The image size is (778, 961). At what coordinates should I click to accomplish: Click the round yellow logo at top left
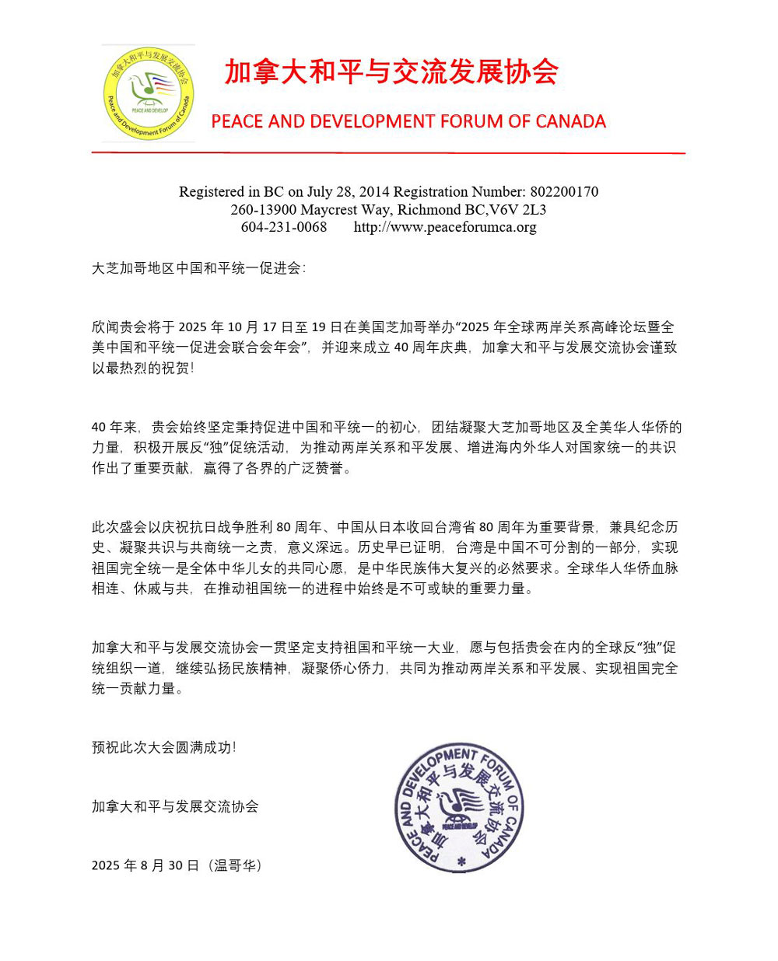tap(148, 93)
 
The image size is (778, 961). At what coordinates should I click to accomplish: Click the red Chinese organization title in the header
tap(391, 72)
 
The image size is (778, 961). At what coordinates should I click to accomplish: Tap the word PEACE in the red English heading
tap(237, 122)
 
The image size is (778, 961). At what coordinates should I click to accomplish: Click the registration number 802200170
tap(564, 191)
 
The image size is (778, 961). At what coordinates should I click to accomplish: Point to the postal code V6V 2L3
tap(518, 209)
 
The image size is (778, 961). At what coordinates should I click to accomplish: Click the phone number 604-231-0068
tap(284, 227)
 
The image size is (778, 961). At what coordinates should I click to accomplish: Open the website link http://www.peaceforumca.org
tap(445, 227)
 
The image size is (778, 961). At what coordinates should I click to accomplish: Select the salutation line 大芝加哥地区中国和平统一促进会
tap(198, 268)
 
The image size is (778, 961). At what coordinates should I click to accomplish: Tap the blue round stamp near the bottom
tap(459, 809)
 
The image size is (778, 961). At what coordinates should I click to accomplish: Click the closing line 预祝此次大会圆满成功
tap(163, 747)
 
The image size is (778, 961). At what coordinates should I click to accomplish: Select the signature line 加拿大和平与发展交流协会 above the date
tap(175, 806)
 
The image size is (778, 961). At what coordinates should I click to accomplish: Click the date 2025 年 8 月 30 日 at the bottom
tap(145, 865)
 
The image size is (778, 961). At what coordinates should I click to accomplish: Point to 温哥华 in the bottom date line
tap(236, 865)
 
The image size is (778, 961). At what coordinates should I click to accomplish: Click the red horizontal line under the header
tap(388, 153)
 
